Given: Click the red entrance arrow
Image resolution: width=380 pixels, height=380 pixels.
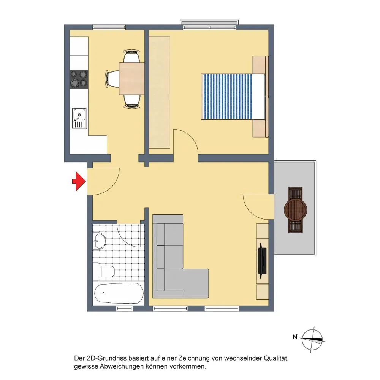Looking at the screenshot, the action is click(79, 181).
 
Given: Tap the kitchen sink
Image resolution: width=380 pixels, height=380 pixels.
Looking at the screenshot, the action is click(79, 118).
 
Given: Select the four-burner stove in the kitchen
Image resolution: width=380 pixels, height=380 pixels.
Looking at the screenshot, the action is click(79, 79).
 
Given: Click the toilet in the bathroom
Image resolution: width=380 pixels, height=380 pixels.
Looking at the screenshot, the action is click(106, 271).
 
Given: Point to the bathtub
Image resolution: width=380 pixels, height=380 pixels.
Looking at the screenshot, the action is click(119, 293).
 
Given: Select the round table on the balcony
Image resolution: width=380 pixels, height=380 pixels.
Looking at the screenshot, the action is click(295, 210).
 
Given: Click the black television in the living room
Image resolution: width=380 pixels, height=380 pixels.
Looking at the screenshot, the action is click(262, 261).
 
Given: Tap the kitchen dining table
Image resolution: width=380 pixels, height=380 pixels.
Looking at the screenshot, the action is click(131, 79).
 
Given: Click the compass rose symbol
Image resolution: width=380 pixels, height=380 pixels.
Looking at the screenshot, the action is click(312, 339).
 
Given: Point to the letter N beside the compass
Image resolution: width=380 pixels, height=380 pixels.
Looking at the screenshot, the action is click(295, 337).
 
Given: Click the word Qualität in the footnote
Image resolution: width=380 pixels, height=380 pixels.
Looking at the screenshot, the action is click(275, 358).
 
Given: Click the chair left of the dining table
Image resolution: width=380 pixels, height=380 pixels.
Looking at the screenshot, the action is click(112, 79).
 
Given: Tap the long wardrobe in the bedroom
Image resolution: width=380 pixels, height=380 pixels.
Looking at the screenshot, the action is click(159, 92).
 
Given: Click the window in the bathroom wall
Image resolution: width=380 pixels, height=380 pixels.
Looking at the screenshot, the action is click(124, 309).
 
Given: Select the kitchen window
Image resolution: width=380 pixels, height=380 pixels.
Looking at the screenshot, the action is click(109, 27).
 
